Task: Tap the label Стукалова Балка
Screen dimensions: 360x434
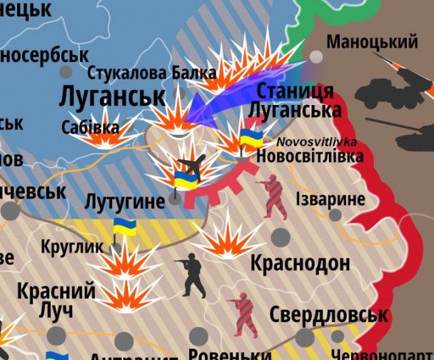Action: coord(151,73)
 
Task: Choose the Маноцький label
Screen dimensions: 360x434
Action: coord(372,42)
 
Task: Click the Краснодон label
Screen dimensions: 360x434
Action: coord(300,263)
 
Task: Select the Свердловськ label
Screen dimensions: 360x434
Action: coord(328,314)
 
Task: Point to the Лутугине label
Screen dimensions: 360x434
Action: coord(124,201)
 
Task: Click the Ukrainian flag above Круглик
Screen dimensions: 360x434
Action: coord(125,229)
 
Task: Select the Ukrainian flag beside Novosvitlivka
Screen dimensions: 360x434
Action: coord(250,138)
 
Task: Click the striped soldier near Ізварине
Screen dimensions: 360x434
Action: coord(273,196)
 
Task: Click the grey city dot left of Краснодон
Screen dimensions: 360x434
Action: coord(281,236)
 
